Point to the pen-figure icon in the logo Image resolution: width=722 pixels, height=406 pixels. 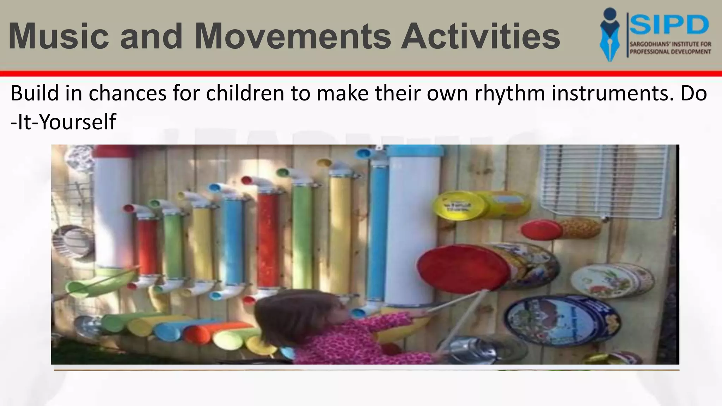[x=610, y=35]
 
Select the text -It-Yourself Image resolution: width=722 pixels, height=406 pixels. [x=63, y=122]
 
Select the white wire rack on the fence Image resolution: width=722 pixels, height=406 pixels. [x=606, y=180]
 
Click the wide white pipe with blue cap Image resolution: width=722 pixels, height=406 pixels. [x=415, y=226]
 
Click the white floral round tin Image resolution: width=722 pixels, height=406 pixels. [x=612, y=280]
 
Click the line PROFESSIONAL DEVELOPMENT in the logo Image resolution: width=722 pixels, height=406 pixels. [x=670, y=52]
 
